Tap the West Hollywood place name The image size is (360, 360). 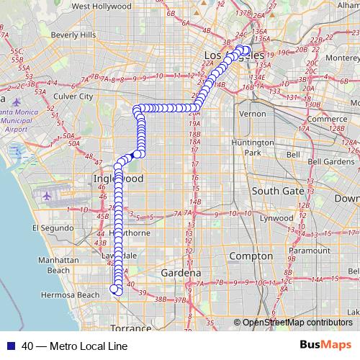(101, 6)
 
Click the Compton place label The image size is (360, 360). (251, 256)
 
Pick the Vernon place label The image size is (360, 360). (253, 114)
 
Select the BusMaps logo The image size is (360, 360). (325, 344)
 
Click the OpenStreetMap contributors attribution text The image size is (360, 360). (297, 323)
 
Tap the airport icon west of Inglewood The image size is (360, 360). (48, 195)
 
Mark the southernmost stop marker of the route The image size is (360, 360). (114, 289)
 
